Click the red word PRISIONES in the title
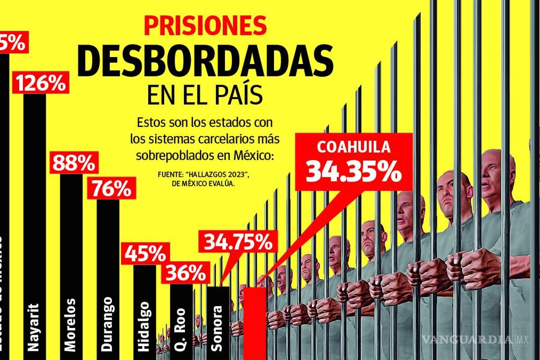pyautogui.click(x=206, y=27)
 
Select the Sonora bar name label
pyautogui.click(x=218, y=328)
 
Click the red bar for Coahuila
pyautogui.click(x=255, y=322)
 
